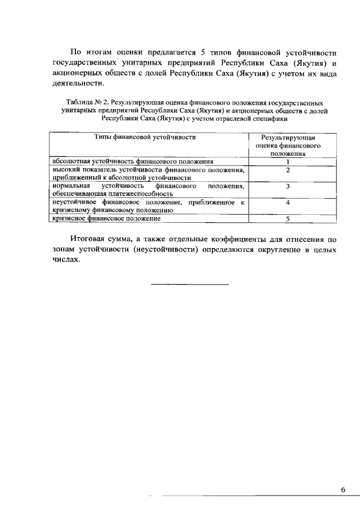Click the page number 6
(343, 489)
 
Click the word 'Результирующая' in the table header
(287, 137)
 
